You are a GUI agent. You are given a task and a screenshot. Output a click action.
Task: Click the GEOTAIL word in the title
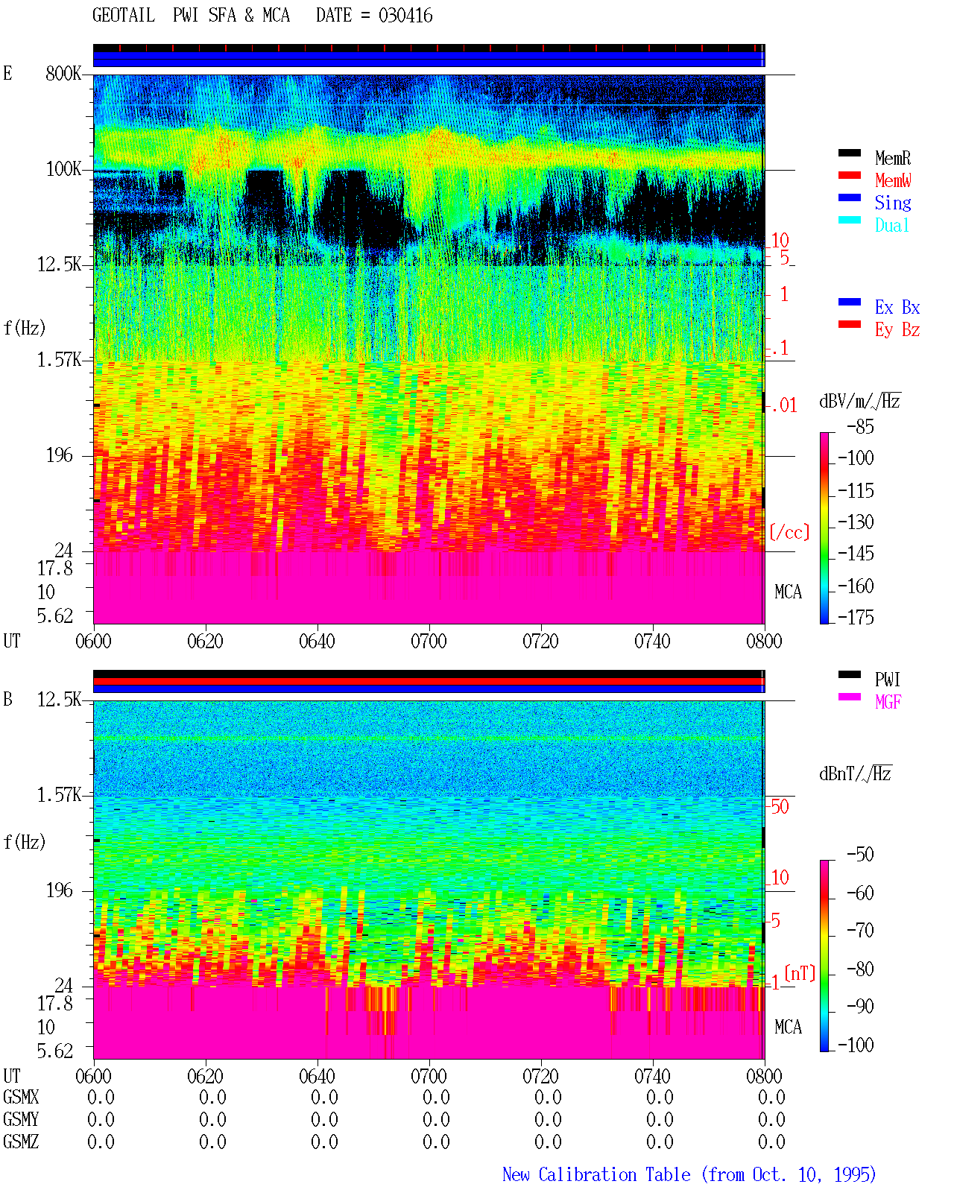coord(124,16)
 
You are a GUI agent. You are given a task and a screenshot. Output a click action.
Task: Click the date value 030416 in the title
coord(405,16)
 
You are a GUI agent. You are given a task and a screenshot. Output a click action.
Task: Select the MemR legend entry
coord(893,158)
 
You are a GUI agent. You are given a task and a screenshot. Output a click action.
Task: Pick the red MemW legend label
coord(893,180)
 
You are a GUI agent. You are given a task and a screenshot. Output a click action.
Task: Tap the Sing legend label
coord(893,203)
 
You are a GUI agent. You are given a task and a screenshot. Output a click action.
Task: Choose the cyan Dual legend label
coord(892,225)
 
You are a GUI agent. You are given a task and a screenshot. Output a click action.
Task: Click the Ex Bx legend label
coord(897,307)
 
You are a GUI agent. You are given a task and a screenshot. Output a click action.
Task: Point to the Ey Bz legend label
coord(897,330)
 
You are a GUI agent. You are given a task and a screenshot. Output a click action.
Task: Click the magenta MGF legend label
coord(888,702)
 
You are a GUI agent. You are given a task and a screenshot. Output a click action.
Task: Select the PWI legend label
coord(888,680)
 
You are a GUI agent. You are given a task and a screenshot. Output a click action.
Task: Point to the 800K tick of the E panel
coord(63,73)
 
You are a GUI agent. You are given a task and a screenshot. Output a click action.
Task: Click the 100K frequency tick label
coord(63,169)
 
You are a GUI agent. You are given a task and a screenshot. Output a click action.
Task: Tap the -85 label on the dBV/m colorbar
coord(861,426)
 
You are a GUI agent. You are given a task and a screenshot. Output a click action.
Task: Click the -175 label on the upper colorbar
coord(856,617)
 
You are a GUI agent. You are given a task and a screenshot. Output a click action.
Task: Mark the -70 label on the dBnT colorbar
coord(861,930)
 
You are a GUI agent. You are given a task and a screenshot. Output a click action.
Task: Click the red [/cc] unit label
coord(789,532)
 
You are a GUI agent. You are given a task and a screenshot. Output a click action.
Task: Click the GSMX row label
coord(21,1097)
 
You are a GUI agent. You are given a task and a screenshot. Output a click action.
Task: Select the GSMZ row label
coord(21,1142)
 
